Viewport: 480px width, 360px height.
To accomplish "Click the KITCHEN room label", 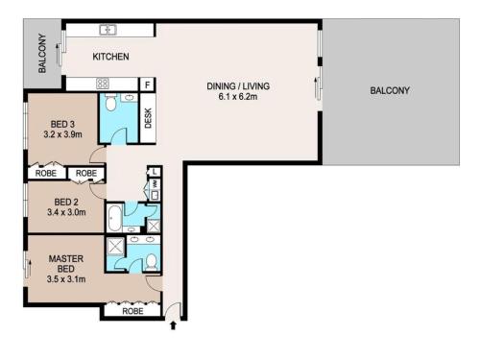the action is click(110, 57).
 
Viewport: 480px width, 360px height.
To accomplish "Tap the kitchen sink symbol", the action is click(108, 30).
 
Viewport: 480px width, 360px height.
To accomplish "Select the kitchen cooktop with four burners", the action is click(103, 84).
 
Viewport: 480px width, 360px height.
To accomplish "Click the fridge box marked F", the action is click(148, 84).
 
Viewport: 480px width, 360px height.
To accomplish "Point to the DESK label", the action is click(148, 118).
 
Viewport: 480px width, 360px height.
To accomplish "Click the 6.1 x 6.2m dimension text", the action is click(238, 96).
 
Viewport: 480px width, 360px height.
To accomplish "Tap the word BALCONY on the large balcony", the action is click(390, 90).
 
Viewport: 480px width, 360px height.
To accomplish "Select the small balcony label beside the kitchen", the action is click(42, 53).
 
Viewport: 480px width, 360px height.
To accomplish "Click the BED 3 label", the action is click(62, 124).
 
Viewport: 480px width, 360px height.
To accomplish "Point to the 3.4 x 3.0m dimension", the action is click(66, 212).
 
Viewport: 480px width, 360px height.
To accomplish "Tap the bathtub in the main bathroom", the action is click(114, 218).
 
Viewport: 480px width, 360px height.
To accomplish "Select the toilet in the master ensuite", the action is click(151, 262).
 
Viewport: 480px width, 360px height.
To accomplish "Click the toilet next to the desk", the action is click(110, 102).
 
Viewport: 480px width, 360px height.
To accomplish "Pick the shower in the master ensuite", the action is click(115, 246).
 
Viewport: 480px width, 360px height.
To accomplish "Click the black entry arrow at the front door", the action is click(173, 325).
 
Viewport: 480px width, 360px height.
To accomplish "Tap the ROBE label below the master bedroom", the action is click(132, 311).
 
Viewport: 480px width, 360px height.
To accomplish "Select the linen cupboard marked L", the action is click(155, 172).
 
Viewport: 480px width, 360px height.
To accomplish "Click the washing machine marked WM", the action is click(156, 184).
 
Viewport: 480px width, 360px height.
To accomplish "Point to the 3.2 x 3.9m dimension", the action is click(62, 134).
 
